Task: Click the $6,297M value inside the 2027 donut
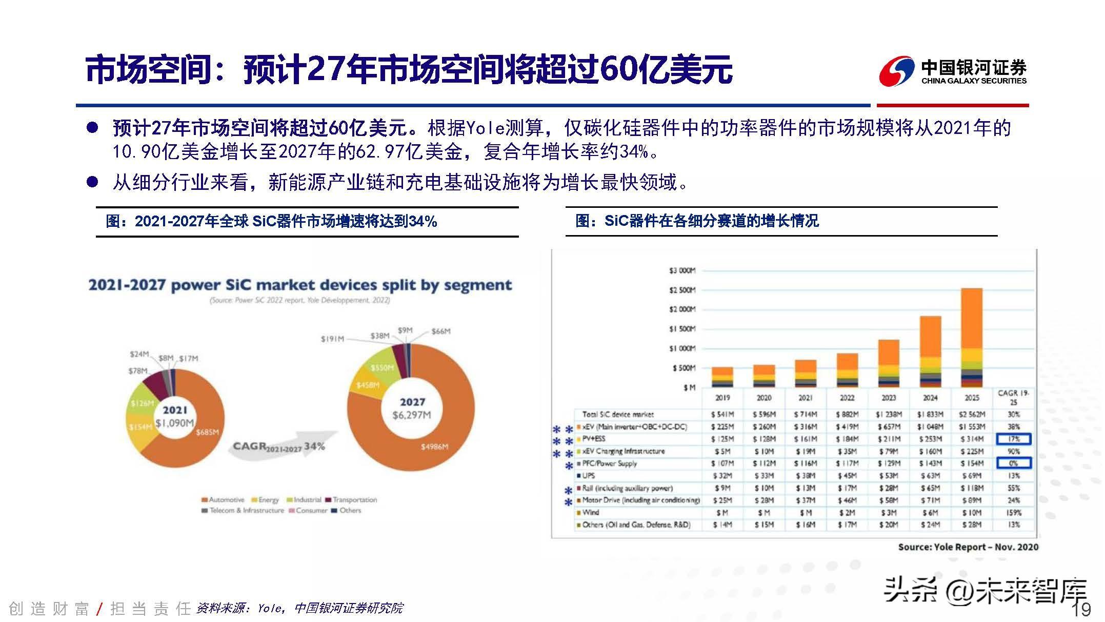click(412, 415)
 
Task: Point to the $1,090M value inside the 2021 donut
click(175, 423)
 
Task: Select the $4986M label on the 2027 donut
click(434, 447)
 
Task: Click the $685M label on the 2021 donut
click(207, 432)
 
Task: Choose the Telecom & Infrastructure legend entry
click(243, 511)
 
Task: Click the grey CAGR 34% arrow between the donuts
click(279, 447)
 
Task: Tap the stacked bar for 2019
click(722, 377)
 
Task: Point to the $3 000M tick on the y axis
click(682, 270)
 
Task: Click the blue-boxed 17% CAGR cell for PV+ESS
click(1013, 439)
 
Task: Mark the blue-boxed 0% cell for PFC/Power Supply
click(1013, 463)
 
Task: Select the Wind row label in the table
click(590, 512)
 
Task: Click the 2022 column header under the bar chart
click(847, 398)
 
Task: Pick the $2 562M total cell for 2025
click(972, 414)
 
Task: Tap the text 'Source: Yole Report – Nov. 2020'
click(968, 547)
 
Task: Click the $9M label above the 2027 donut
click(405, 330)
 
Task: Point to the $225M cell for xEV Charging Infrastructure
click(972, 451)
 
